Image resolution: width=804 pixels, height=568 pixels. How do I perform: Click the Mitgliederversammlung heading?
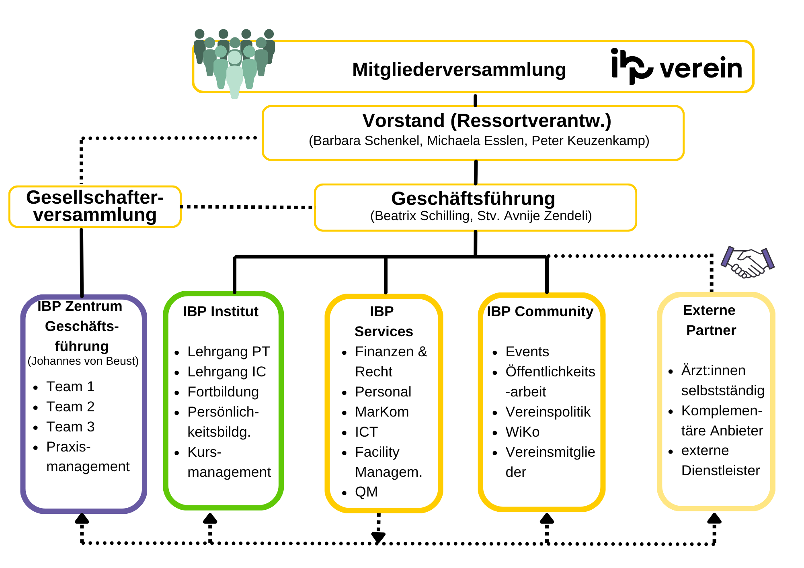(459, 70)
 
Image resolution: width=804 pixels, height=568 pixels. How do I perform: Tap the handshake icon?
(747, 263)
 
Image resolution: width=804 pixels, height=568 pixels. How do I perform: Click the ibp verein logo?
(676, 67)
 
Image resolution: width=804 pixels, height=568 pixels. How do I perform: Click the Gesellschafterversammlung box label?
(95, 206)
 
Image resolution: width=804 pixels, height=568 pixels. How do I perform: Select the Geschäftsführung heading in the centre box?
(473, 198)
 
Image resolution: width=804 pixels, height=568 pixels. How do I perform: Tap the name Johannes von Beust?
(83, 361)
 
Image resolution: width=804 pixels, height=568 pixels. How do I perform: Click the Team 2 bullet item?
(70, 407)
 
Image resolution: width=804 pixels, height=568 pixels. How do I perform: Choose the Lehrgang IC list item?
(227, 372)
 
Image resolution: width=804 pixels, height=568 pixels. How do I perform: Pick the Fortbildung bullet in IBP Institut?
(223, 392)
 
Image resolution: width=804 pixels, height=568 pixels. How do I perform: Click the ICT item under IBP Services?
(366, 432)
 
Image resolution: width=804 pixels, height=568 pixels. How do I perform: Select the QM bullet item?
(366, 492)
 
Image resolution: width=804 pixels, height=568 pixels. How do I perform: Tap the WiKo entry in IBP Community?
(522, 432)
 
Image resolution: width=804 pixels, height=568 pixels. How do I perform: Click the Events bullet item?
(527, 351)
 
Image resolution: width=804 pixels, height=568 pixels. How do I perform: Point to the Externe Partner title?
(710, 320)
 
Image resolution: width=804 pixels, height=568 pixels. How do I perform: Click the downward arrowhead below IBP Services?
(378, 537)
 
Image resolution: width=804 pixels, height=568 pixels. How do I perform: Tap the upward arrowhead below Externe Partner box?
(714, 519)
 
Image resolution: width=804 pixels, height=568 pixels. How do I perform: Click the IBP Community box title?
(540, 311)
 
